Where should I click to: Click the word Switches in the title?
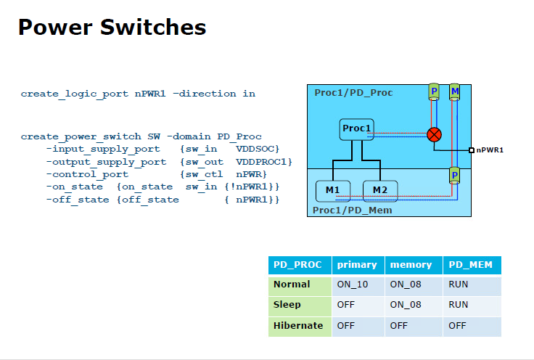pos(155,28)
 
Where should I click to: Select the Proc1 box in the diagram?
pos(357,129)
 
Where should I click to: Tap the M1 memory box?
pos(333,190)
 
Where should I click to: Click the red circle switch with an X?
pos(434,134)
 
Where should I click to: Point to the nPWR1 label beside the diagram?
pos(490,150)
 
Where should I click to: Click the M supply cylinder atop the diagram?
pos(454,91)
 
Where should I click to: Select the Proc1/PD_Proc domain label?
pos(353,93)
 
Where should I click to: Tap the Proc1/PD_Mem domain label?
pos(352,210)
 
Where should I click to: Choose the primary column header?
pos(357,265)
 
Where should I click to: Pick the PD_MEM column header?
pos(471,265)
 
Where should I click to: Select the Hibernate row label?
pos(298,326)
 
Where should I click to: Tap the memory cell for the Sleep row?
pos(406,305)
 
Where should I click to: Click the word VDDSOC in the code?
pos(258,149)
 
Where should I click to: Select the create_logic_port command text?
pos(75,94)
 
